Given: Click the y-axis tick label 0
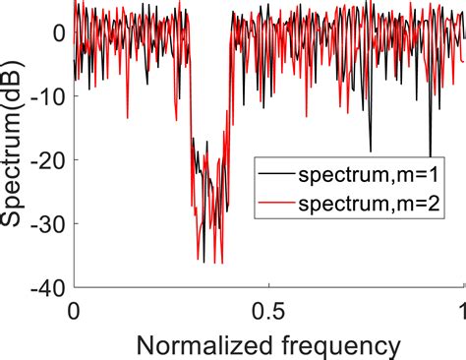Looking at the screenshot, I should pos(58,32).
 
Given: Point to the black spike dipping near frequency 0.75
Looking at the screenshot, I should pos(371,149).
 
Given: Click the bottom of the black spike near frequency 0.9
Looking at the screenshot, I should pos(431,154).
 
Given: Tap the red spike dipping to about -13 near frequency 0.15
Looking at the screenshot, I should pos(128,117).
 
